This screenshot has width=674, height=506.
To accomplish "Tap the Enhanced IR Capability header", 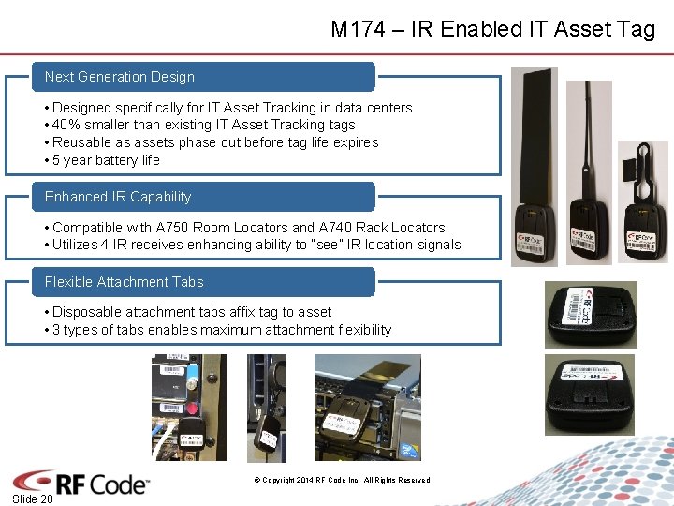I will coord(118,197).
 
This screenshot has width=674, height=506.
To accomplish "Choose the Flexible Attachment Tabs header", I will coord(124,282).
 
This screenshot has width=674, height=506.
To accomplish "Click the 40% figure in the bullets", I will coord(67,125).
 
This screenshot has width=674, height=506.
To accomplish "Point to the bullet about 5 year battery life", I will coord(106,160).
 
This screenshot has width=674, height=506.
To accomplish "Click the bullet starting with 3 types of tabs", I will coord(222,330).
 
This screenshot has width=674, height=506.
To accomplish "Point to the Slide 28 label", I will coord(34,499).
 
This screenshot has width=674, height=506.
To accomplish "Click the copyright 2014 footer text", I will coord(342,480).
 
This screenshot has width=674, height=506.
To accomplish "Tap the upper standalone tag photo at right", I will coord(591,315).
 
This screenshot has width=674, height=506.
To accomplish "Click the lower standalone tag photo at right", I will coord(590,394).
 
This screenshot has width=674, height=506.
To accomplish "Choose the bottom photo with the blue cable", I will coord(177,408).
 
